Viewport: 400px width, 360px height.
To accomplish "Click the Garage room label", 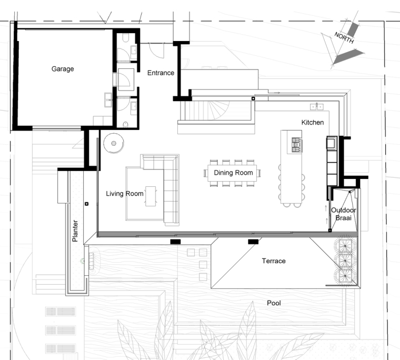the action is [62, 69].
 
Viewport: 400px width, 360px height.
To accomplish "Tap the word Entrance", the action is [161, 73].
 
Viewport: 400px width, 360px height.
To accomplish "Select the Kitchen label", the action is [312, 123].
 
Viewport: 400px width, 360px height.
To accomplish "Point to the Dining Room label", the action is [233, 173].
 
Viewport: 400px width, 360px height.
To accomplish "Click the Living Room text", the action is [125, 194].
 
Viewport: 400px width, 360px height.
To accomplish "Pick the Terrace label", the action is [274, 261].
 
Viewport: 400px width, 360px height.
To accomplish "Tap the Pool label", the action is [274, 303].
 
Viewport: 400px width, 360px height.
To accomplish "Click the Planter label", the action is [75, 231].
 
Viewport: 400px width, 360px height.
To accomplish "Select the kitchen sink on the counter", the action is [316, 107].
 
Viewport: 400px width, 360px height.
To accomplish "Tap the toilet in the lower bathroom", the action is [126, 124].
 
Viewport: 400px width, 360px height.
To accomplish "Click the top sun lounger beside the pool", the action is [58, 311].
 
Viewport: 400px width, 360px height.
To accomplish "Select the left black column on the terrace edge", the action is [175, 241].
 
